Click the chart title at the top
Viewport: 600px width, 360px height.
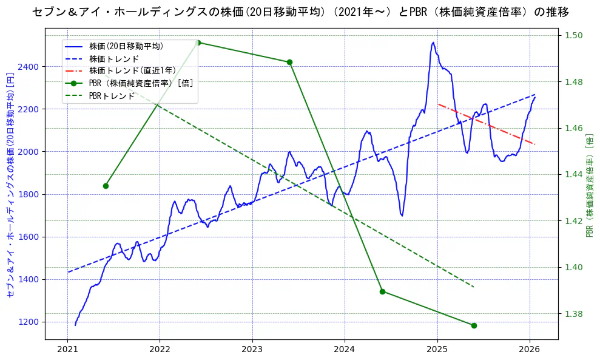coord(300,12)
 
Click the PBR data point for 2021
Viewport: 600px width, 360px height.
coord(106,186)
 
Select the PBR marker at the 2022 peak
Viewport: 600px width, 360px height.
coord(198,42)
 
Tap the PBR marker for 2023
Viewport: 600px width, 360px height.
coord(289,62)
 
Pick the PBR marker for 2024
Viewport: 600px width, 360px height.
coord(382,291)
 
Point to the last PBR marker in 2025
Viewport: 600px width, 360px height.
coord(474,325)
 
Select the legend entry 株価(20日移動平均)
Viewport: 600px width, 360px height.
coord(126,46)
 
